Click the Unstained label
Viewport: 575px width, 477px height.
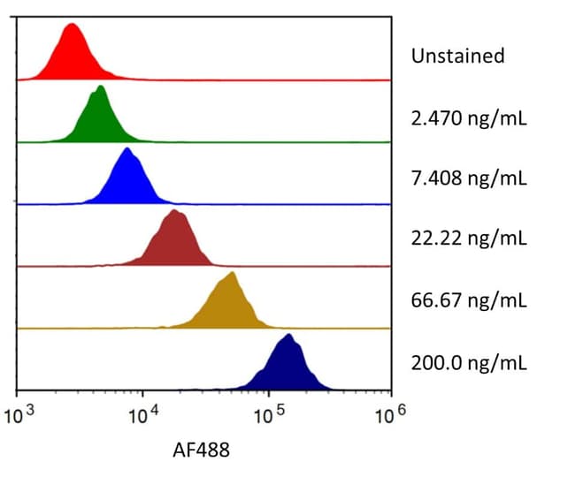[457, 56]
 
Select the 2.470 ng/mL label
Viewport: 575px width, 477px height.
[469, 117]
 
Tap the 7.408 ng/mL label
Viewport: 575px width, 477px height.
[469, 178]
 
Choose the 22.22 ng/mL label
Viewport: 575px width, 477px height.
[469, 239]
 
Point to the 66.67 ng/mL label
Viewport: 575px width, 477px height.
[469, 300]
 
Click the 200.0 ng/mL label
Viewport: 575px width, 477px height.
[469, 362]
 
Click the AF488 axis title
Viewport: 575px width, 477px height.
[200, 451]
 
